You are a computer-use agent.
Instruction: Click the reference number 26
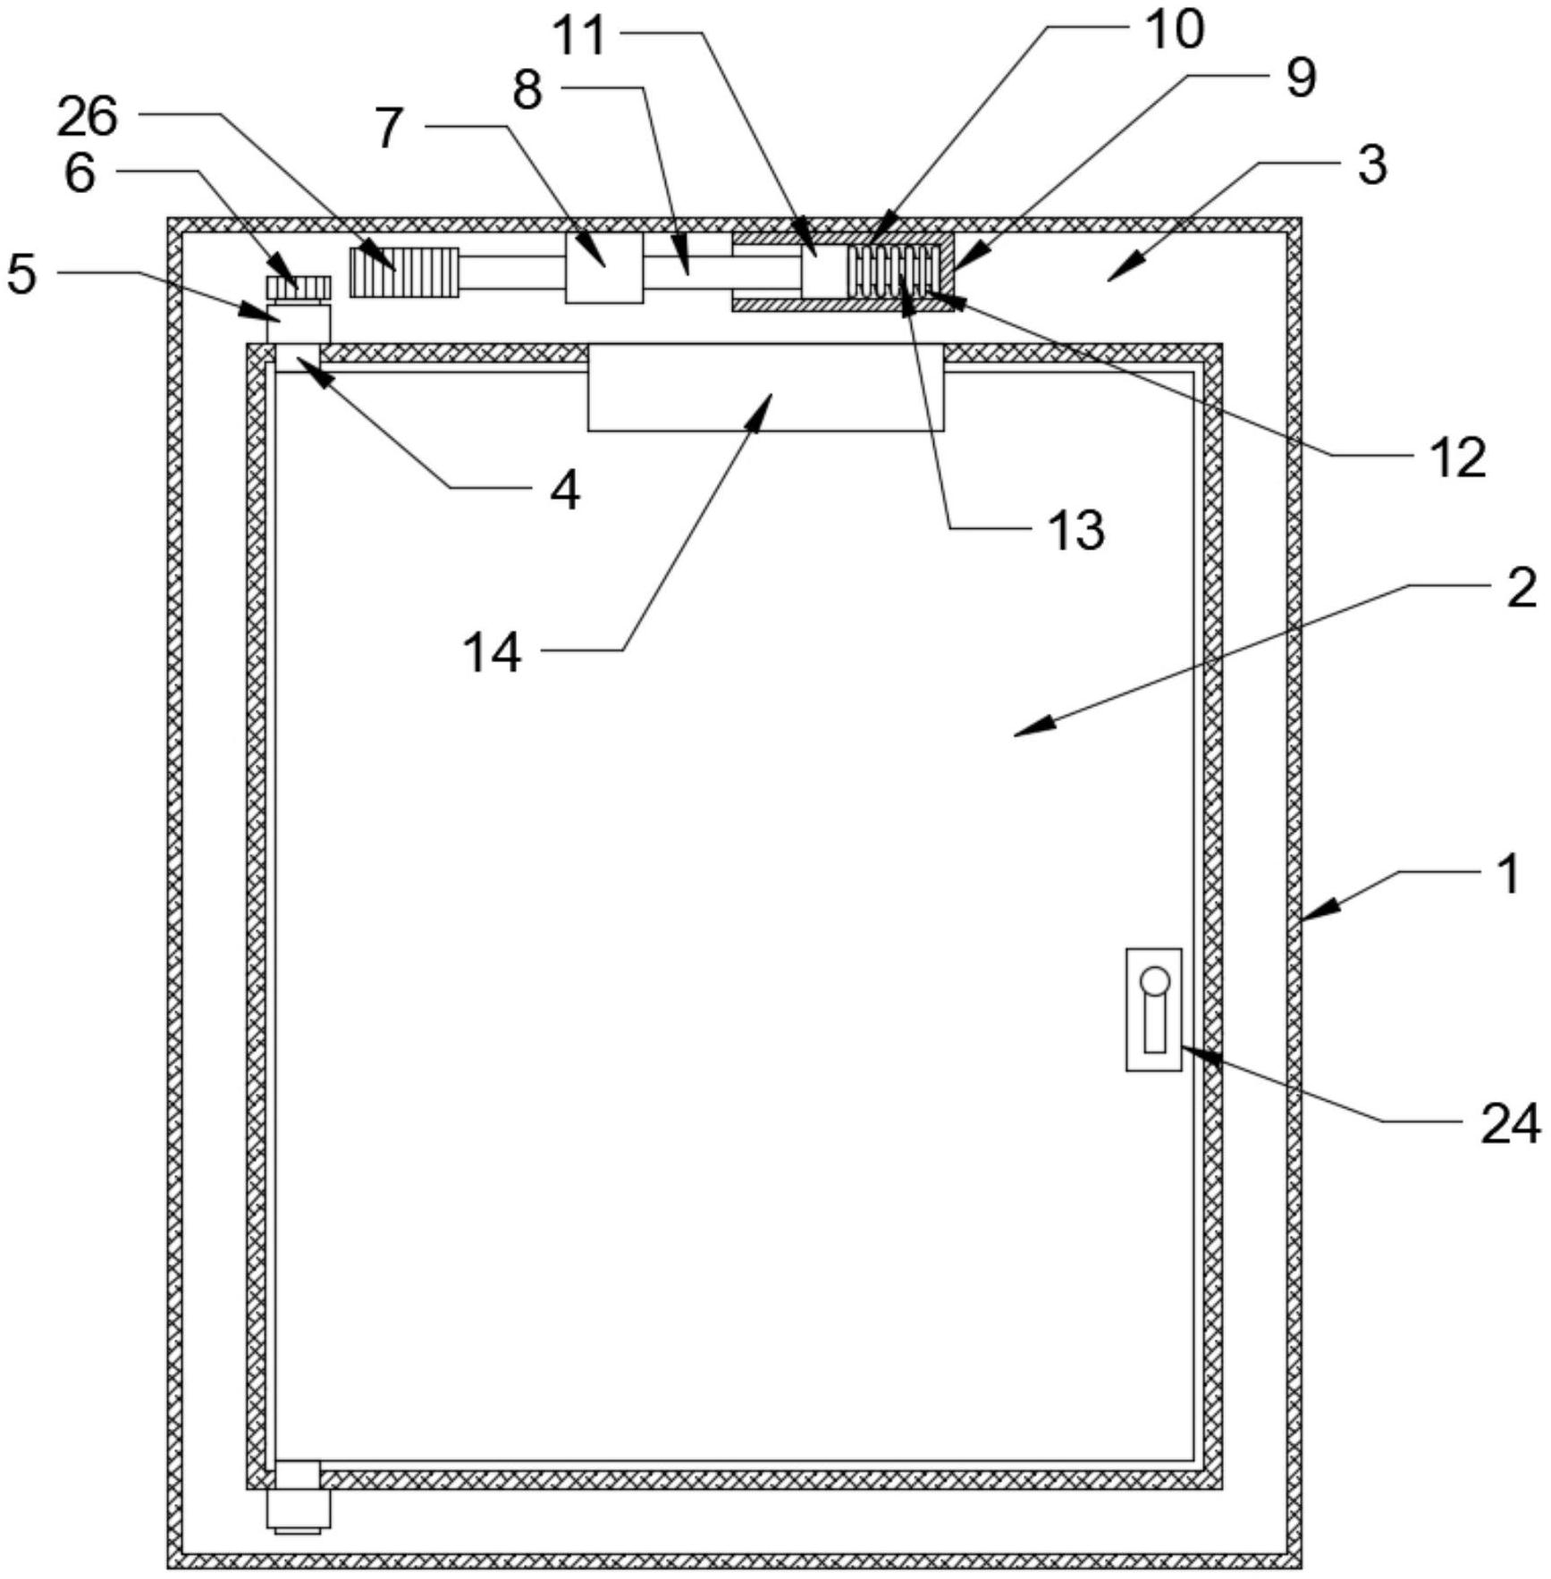click(88, 117)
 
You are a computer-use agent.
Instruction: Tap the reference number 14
click(492, 653)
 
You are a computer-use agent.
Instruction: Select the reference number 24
click(1510, 1123)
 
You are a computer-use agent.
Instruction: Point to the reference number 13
click(1076, 530)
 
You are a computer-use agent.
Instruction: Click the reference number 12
click(1458, 458)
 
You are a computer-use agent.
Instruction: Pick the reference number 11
click(579, 37)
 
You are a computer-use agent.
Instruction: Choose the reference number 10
click(1175, 29)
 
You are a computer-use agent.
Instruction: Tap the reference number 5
click(22, 273)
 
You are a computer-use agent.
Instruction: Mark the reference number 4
click(565, 490)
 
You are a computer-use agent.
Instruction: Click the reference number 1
click(1508, 873)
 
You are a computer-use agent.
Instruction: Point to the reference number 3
click(1372, 164)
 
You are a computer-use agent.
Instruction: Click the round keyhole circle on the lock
click(1154, 980)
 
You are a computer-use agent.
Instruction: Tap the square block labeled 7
click(604, 268)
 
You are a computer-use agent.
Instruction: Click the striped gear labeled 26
click(404, 272)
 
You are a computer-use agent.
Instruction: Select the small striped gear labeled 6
click(299, 287)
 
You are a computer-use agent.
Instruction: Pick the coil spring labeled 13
click(895, 268)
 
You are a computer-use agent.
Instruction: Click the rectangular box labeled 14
click(765, 388)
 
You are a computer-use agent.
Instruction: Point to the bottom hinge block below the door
click(298, 1508)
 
